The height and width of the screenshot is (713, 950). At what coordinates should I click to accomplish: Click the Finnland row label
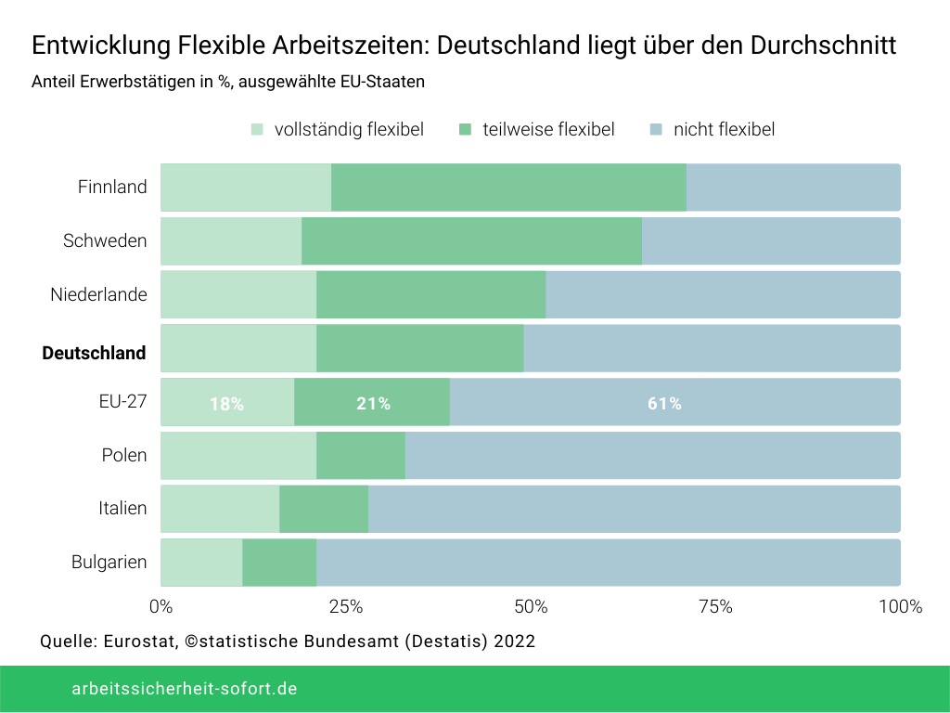tap(112, 187)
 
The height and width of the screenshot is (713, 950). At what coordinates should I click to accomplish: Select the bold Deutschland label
tap(94, 353)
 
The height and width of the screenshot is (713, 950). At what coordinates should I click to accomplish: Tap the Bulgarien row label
tap(109, 562)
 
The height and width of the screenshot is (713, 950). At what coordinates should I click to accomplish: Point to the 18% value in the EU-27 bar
tap(226, 404)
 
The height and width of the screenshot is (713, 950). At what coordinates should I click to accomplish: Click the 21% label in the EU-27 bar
tap(373, 404)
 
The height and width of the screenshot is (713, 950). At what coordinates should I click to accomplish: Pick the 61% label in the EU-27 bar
tap(664, 404)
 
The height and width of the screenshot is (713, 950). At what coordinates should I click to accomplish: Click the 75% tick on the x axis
tap(715, 607)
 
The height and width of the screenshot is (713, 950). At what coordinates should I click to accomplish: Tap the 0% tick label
tap(160, 607)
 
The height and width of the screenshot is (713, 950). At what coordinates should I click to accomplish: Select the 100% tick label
tap(900, 607)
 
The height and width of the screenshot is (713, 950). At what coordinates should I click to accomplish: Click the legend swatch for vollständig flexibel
tap(257, 130)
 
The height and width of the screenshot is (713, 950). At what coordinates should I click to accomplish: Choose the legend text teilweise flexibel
tap(548, 130)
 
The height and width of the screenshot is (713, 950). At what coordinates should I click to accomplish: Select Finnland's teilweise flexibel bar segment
tap(508, 188)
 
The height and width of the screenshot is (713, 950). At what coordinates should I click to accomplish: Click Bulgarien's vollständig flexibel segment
tap(201, 563)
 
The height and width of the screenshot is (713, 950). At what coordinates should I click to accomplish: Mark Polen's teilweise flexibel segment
tap(361, 455)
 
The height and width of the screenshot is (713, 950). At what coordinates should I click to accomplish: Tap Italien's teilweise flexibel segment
tap(324, 509)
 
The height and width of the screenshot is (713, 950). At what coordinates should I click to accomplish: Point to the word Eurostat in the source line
tap(136, 642)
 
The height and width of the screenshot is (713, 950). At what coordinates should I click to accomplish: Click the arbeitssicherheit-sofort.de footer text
tap(185, 689)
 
